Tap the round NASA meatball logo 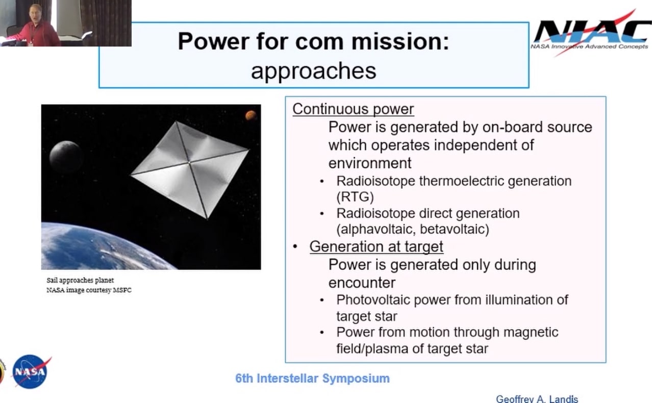point(30,371)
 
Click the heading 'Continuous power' point(353,109)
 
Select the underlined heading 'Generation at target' point(376,247)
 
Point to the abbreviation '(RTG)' point(355,197)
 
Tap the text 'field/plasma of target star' point(412,349)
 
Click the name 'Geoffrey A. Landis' point(537,398)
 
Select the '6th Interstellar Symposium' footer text point(312,379)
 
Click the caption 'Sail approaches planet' point(80,281)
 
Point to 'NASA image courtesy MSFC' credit point(89,290)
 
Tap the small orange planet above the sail point(250,115)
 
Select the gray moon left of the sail point(66,157)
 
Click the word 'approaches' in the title point(313,71)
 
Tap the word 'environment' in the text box point(369,163)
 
